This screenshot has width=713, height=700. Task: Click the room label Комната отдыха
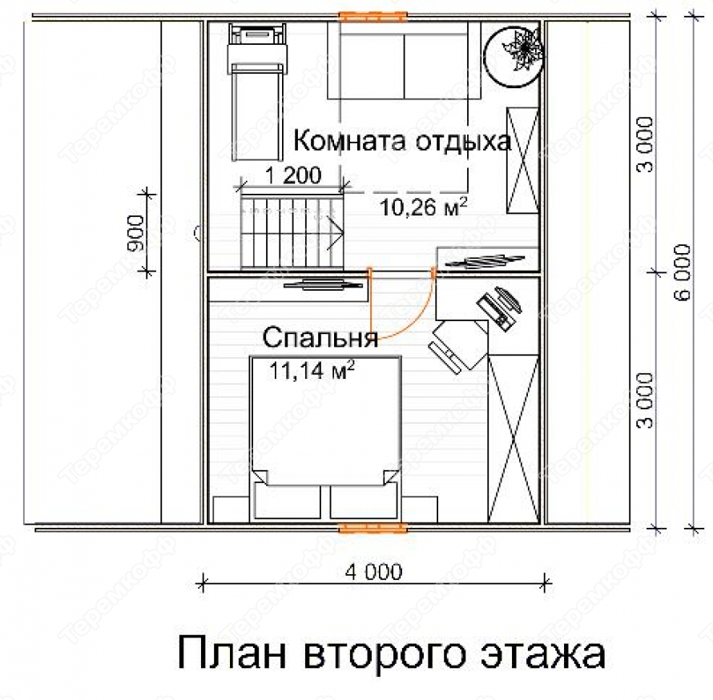pyautogui.click(x=402, y=141)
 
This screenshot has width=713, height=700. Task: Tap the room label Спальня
pyautogui.click(x=320, y=338)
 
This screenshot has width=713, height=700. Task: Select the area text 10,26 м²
pyautogui.click(x=423, y=207)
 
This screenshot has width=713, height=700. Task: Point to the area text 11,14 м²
pyautogui.click(x=312, y=370)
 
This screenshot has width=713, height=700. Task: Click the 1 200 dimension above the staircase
pyautogui.click(x=293, y=175)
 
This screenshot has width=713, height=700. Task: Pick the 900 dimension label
pyautogui.click(x=135, y=233)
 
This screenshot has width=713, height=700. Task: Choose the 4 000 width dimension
pyautogui.click(x=374, y=572)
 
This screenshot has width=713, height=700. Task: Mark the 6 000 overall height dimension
pyautogui.click(x=682, y=272)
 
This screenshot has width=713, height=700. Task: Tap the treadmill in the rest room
pyautogui.click(x=258, y=92)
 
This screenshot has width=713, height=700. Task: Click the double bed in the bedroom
pyautogui.click(x=325, y=439)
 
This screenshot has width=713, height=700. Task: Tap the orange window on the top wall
pyautogui.click(x=373, y=16)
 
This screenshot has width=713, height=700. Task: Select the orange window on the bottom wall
pyautogui.click(x=373, y=528)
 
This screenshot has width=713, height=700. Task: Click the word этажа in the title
pyautogui.click(x=543, y=654)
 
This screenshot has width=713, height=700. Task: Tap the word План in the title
pyautogui.click(x=232, y=653)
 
